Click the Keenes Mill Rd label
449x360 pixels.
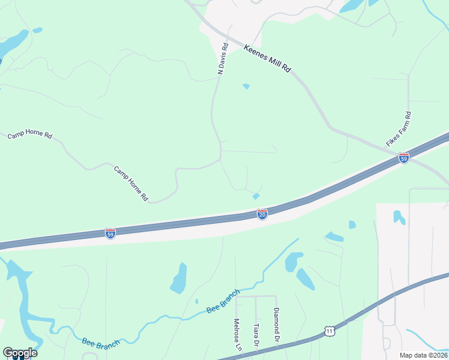tap(267, 58)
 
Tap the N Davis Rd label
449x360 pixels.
tap(223, 58)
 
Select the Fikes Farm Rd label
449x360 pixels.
tap(399, 130)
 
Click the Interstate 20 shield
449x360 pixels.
tap(262, 214)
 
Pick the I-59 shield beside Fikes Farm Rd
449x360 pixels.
tap(404, 157)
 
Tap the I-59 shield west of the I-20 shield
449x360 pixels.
tap(110, 233)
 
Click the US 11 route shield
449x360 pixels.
tap(328, 331)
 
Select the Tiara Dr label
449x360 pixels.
tap(256, 334)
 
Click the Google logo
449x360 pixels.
tap(20, 353)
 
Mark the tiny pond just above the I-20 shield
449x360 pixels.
tap(256, 196)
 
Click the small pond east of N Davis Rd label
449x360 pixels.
tap(246, 86)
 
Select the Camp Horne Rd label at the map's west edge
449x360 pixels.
tap(29, 135)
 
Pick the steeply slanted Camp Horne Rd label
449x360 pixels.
tap(131, 182)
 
